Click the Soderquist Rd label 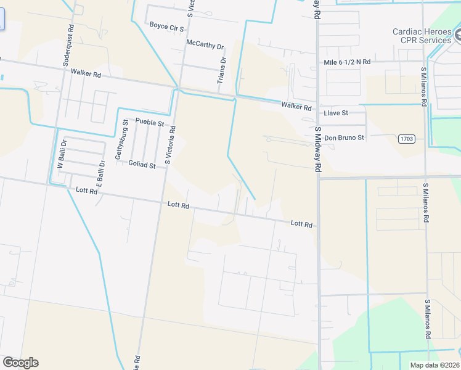coord(68,46)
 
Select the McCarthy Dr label coord(205,45)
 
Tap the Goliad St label coord(142,165)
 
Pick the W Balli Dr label coord(61,157)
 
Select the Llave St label coord(336,113)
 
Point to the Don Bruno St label coord(344,138)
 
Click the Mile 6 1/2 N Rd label coord(348,62)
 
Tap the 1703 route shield coord(406,138)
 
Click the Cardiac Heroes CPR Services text coord(422,36)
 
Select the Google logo coord(20,363)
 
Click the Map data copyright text coord(434,365)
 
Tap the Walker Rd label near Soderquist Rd coord(86,73)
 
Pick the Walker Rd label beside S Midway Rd coord(296,106)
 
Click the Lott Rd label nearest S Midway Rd coord(301,224)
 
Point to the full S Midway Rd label coord(318,150)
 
